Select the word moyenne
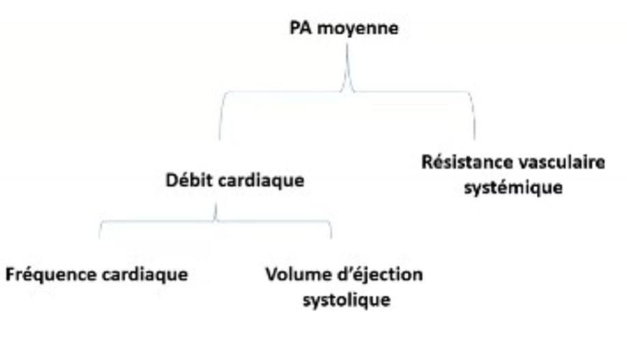[x=357, y=30]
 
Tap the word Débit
[x=189, y=181]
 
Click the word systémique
[x=513, y=187]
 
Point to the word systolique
[x=346, y=300]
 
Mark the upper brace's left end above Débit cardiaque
[x=220, y=139]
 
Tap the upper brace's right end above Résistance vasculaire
[x=475, y=139]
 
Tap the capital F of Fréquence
[x=11, y=275]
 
